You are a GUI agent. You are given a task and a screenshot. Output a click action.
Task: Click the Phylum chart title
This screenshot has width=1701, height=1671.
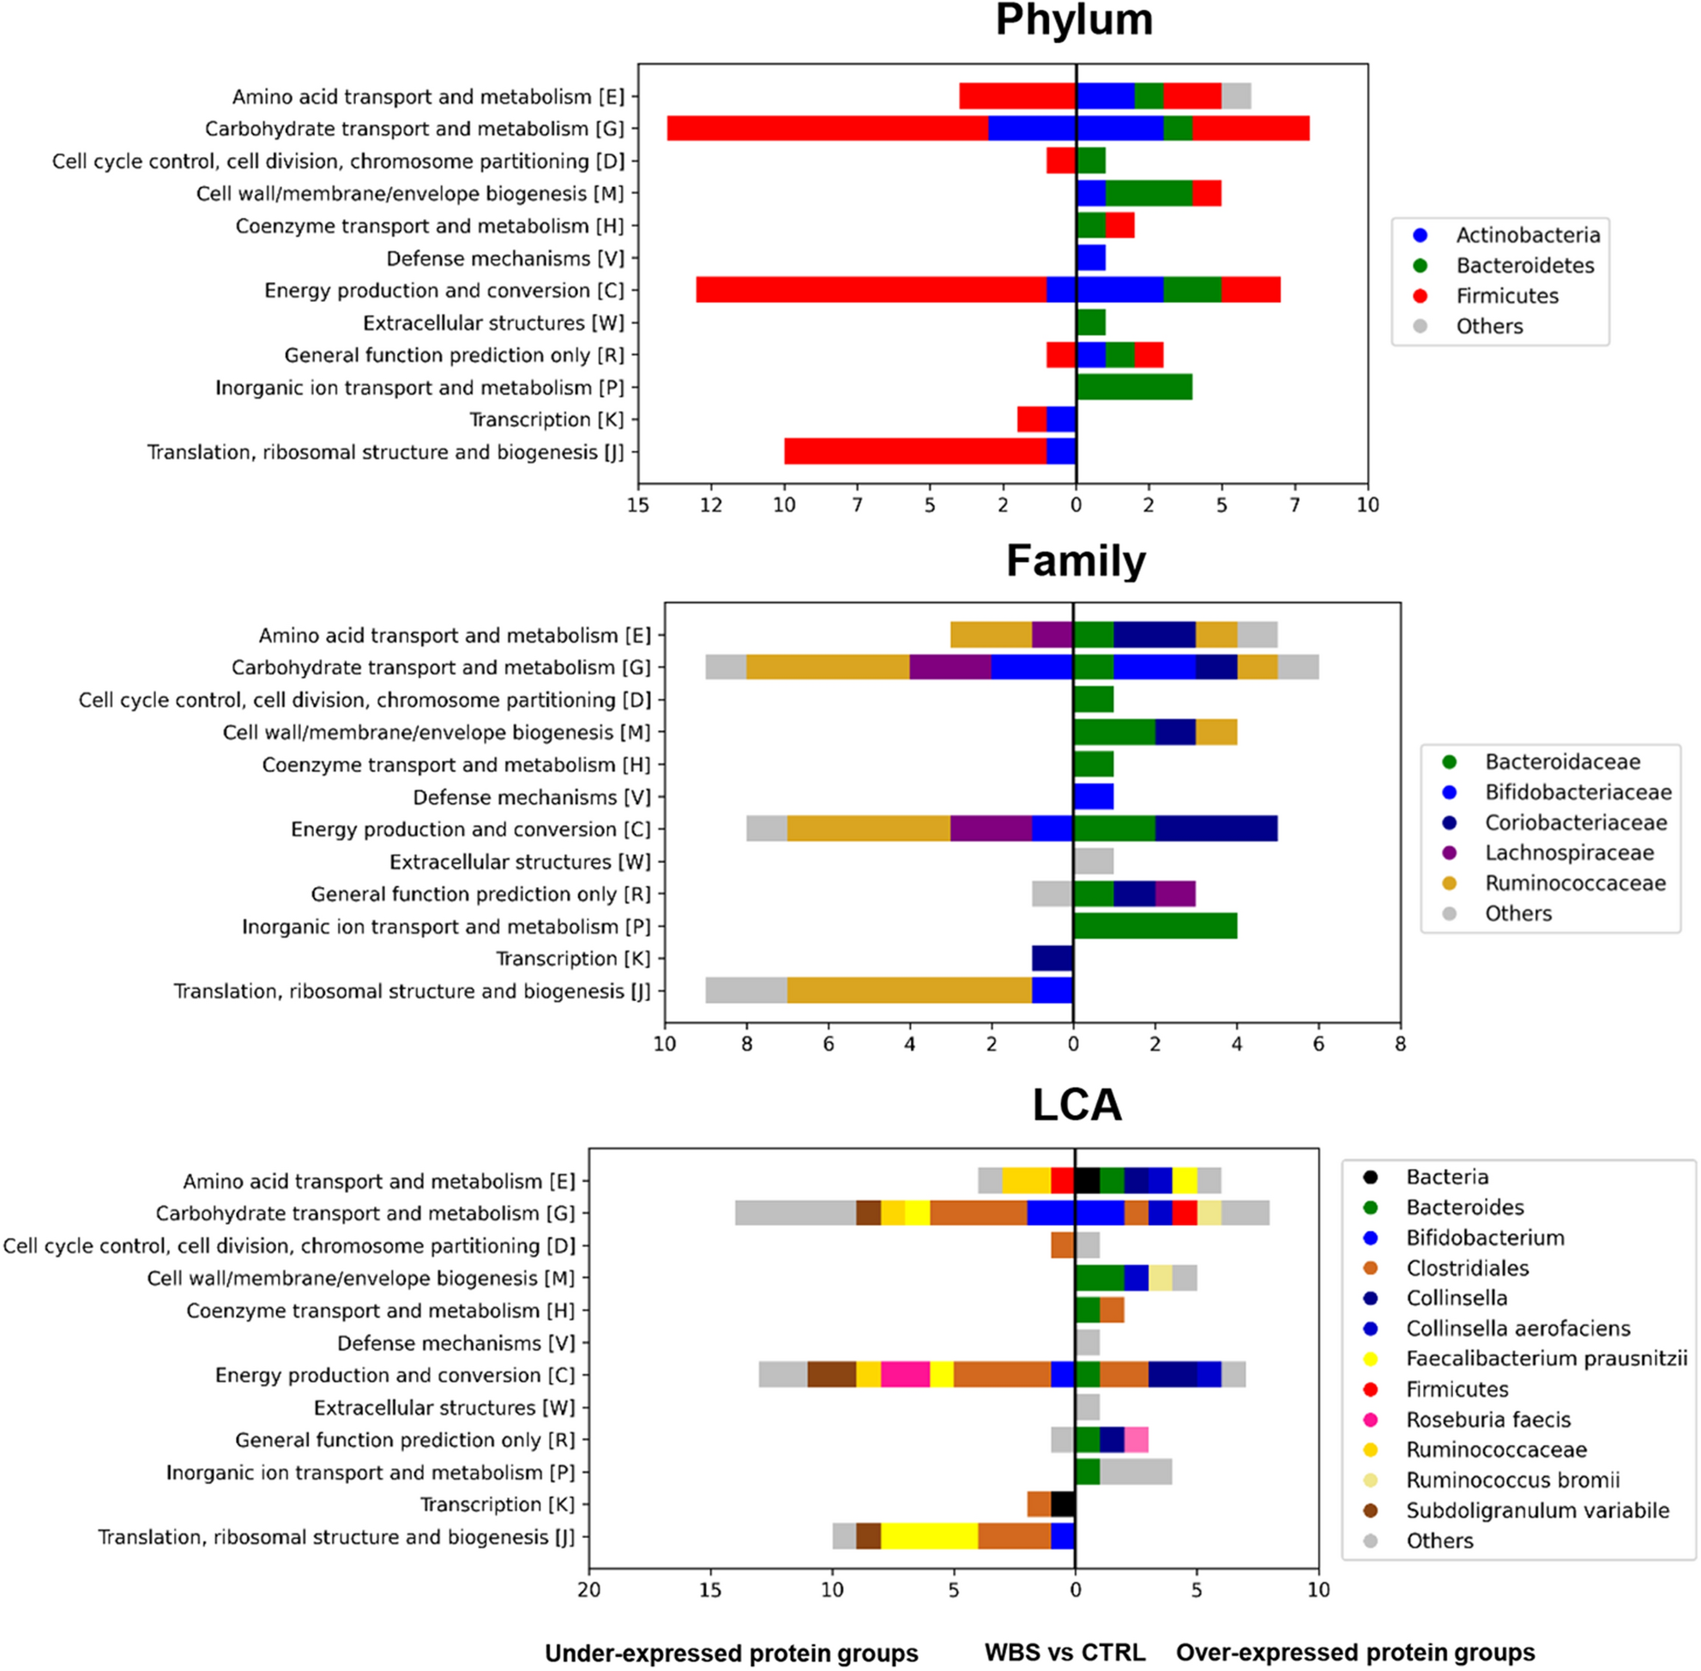1073,21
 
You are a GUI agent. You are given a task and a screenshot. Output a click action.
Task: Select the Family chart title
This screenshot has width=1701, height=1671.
1075,561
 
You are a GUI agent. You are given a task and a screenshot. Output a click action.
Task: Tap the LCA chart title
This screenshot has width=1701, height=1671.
1077,1105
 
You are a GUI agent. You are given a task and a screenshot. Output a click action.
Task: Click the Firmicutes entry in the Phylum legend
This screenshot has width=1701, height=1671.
1507,297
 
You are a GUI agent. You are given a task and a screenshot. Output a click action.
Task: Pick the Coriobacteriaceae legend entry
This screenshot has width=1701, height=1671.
1575,823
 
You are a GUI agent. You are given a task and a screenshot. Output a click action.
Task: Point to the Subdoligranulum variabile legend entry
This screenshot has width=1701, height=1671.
1537,1511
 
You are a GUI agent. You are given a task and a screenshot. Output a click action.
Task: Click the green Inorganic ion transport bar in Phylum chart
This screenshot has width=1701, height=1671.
1134,388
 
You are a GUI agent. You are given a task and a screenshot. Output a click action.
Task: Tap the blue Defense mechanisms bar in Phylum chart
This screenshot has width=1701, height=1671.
1091,259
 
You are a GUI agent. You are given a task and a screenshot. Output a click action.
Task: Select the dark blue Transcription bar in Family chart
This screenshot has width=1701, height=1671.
1052,958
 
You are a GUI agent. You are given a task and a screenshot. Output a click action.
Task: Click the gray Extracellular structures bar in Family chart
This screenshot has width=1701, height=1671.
1094,862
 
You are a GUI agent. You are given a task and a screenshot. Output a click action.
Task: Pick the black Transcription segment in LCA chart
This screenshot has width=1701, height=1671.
1063,1505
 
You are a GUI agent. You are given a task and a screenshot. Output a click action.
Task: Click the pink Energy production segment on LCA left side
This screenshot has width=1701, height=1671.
905,1375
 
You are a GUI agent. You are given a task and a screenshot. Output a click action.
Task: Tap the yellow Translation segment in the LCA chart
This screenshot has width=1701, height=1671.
929,1536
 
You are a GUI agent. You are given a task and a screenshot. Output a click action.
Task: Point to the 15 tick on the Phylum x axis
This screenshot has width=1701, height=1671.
638,505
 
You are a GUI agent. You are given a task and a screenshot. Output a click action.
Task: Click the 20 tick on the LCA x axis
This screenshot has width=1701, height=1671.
589,1590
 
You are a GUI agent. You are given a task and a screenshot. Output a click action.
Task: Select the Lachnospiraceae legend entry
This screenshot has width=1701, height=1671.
1568,853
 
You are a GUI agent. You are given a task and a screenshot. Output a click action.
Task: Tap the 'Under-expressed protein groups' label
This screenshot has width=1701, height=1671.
731,1654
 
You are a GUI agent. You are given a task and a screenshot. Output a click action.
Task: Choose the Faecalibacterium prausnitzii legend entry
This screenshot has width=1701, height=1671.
1546,1360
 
